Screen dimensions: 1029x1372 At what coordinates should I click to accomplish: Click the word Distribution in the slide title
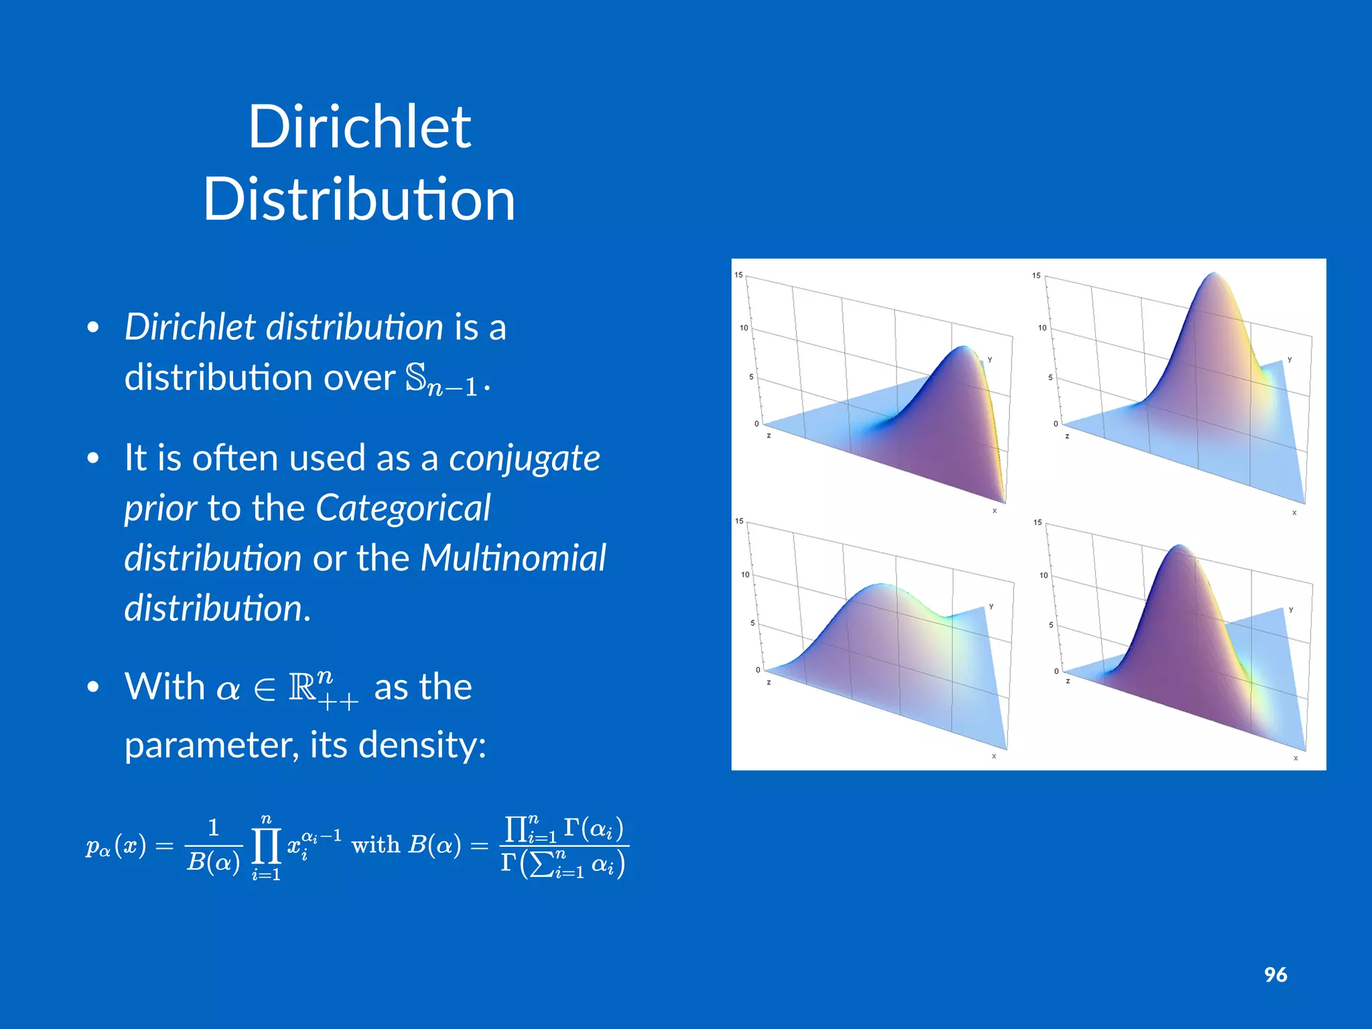coord(360,199)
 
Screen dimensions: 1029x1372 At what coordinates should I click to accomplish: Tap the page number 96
coord(1276,975)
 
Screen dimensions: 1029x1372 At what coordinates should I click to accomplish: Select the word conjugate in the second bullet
coord(525,459)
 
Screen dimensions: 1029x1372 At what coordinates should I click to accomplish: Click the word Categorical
coord(403,508)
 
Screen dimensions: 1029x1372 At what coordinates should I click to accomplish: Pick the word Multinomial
coord(512,558)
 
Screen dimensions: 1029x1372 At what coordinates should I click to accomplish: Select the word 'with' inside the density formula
coord(376,845)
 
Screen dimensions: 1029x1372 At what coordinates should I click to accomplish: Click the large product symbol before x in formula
coord(266,847)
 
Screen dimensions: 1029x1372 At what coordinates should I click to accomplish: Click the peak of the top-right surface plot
coord(1215,274)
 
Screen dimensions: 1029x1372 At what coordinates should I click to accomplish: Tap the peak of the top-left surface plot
coord(963,348)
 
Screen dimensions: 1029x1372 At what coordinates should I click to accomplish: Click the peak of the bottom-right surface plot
coord(1178,547)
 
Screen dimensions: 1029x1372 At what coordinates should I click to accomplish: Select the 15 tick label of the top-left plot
coord(738,275)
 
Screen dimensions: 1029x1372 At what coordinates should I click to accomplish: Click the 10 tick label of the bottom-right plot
coord(1043,575)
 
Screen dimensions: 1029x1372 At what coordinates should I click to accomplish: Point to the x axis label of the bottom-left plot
coord(994,756)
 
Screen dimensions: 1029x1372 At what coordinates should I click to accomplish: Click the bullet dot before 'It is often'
coord(93,459)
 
